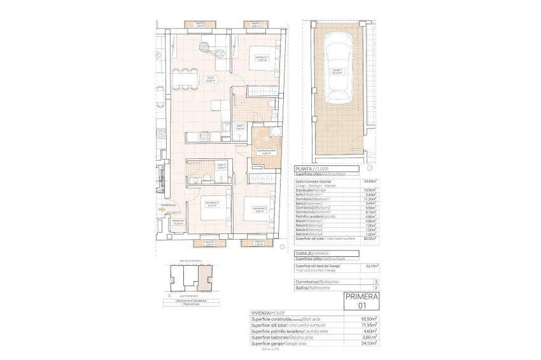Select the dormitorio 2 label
click(x=259, y=209)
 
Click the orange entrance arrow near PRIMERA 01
click(x=160, y=209)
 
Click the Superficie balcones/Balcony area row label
click(x=286, y=337)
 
